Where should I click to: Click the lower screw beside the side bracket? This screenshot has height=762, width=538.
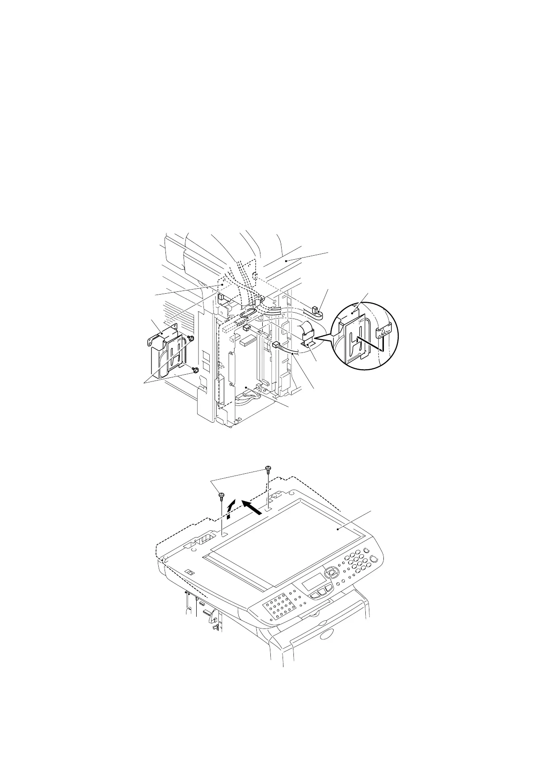pos(195,371)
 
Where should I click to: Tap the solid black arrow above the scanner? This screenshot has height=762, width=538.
pos(252,507)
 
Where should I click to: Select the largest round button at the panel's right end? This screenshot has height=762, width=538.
pos(373,559)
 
